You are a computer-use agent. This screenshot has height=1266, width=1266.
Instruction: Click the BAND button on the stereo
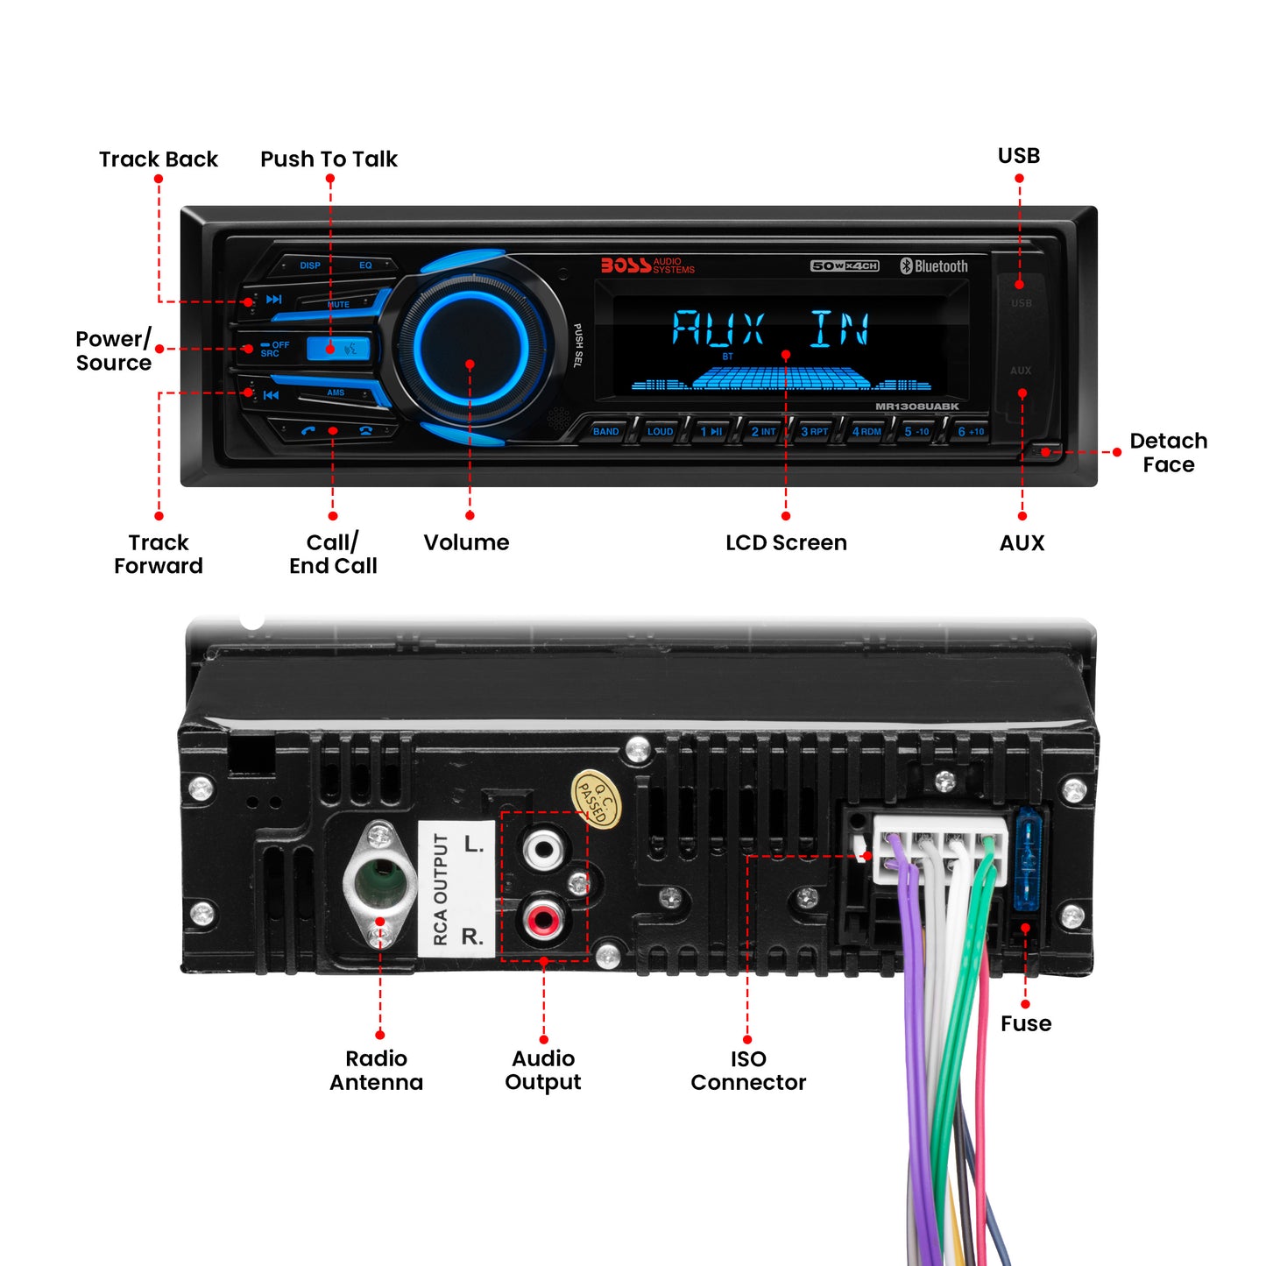605,431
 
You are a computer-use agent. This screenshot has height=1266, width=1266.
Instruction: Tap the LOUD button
660,431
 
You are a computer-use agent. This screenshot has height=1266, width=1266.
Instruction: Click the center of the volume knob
470,345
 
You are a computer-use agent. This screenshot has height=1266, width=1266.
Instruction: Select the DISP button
310,265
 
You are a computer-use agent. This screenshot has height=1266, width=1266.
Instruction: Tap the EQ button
365,265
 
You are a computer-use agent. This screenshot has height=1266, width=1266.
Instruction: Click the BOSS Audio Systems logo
647,265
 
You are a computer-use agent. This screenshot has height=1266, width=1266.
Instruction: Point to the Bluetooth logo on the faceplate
934,266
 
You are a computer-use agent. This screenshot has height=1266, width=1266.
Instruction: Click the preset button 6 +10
970,431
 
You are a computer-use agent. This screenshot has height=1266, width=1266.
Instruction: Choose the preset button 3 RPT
814,431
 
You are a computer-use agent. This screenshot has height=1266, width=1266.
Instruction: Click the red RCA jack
542,920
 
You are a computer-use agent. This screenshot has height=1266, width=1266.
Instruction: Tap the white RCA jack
542,848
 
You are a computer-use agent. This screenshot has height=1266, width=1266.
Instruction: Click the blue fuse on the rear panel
1027,862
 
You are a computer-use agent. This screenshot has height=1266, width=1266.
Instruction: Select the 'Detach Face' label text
1168,453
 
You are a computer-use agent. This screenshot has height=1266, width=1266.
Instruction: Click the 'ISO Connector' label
748,1071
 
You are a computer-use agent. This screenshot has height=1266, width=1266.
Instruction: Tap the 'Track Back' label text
159,159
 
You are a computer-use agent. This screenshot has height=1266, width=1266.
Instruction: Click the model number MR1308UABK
916,407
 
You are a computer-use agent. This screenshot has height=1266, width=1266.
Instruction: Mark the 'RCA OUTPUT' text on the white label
441,889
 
